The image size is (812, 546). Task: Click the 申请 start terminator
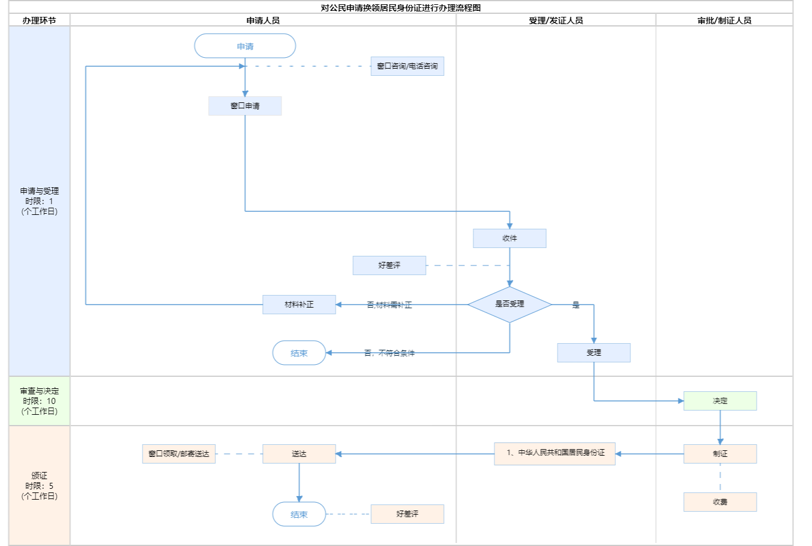tap(245, 46)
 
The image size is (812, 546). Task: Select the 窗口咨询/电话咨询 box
tap(407, 66)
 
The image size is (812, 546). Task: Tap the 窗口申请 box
tap(245, 106)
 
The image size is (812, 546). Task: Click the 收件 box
tap(509, 238)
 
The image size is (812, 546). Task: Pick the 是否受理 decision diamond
tap(509, 304)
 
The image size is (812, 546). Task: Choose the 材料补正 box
tap(299, 305)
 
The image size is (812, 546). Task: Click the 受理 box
tap(594, 353)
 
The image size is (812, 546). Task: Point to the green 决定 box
tap(720, 401)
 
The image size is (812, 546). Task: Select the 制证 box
tap(720, 454)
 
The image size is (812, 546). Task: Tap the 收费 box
tap(720, 502)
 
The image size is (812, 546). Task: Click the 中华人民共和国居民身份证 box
tap(555, 453)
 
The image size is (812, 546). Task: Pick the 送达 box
tap(299, 454)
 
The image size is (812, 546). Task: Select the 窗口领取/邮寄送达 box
tap(179, 454)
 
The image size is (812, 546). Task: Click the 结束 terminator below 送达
tap(299, 515)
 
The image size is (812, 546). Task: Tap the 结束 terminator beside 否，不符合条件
tap(299, 353)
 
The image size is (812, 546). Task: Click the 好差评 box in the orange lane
tap(407, 514)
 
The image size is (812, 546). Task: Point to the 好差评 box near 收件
tap(389, 265)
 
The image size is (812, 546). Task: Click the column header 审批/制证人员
tap(724, 20)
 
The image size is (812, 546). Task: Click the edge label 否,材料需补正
tap(389, 305)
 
